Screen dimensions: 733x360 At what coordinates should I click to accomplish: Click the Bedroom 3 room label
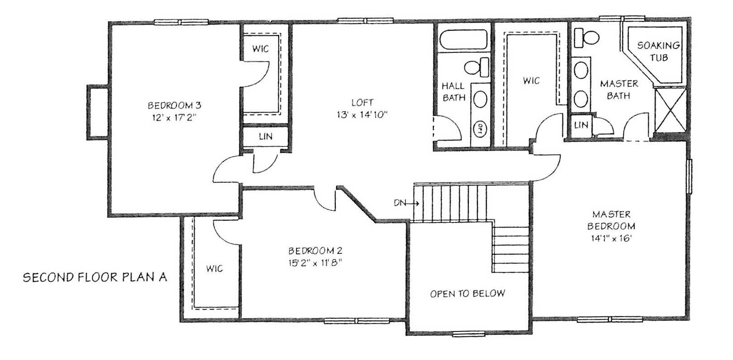point(174,105)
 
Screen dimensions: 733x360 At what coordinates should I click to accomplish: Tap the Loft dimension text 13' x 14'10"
point(362,115)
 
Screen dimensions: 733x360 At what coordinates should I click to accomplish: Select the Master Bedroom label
point(611,220)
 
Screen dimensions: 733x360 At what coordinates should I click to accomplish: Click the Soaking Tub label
point(658,52)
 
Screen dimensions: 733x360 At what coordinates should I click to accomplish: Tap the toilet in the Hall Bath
point(476,67)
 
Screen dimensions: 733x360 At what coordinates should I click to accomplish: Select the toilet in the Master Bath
point(587,38)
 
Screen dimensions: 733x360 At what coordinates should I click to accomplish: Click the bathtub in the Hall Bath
point(463,39)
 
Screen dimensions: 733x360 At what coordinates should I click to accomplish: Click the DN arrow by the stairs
point(406,204)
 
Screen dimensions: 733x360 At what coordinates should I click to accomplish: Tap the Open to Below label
point(467,294)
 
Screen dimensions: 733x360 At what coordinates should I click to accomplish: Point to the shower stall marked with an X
point(671,110)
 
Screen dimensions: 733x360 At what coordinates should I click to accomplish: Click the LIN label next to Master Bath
point(581,124)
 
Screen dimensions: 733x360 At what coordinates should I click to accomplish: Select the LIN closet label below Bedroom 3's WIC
point(266,136)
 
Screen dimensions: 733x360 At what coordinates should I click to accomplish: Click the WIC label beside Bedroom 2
point(214,269)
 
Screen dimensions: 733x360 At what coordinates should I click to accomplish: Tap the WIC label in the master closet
point(531,81)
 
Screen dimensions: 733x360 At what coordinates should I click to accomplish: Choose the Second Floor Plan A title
point(95,277)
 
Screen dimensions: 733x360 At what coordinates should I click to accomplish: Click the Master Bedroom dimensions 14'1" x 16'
point(611,238)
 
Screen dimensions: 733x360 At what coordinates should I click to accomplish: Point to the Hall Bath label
point(453,91)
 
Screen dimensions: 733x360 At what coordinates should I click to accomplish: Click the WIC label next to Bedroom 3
point(261,49)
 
